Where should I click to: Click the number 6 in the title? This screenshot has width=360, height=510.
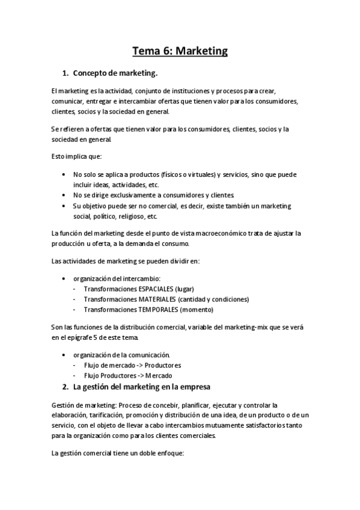tap(164, 51)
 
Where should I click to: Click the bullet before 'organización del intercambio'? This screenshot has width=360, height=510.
tap(64, 278)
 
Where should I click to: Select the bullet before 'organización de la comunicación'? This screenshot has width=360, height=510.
tap(64, 354)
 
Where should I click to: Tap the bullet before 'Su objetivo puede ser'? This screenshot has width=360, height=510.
tap(64, 206)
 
